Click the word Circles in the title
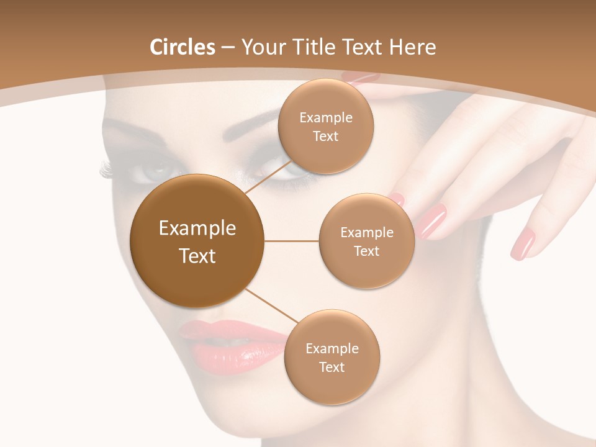[183, 47]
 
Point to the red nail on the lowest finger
[523, 243]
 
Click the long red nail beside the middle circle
[433, 221]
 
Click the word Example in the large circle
[197, 228]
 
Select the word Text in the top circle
[325, 137]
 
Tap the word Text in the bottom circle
[332, 368]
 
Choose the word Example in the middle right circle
[366, 233]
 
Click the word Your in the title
[261, 47]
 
